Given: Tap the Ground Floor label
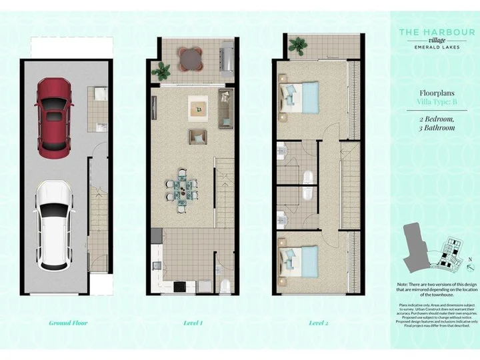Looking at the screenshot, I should coord(68,323).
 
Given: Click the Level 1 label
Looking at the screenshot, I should coord(193,323).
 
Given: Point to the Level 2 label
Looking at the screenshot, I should coord(319,323).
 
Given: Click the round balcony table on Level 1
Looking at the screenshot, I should coord(192,57).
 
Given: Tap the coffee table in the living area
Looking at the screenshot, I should coord(198,107).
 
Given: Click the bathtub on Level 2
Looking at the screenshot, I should coord(308,178).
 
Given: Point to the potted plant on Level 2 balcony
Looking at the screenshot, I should coord(297,47).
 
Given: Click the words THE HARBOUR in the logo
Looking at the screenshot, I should coord(437,32).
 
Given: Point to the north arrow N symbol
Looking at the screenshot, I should coord(471,259).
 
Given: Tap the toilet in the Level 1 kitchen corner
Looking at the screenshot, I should coord(225,285).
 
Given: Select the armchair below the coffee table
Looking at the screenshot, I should coord(197,136).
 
